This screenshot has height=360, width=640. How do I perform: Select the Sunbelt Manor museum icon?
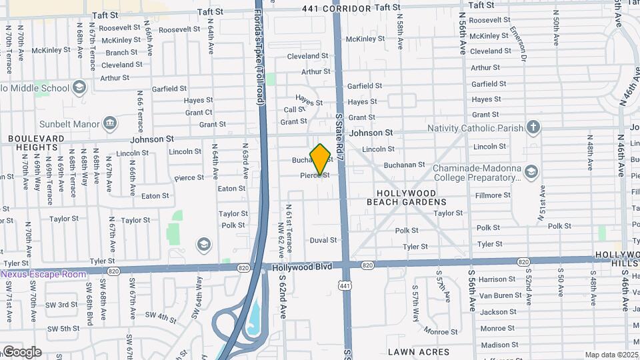pos(111,123)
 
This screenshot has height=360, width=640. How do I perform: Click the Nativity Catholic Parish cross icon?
pos(533,127)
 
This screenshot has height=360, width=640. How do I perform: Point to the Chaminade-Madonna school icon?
pos(531,173)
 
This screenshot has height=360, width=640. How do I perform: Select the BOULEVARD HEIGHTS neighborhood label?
pos(36,143)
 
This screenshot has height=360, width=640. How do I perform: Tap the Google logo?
pos(21,352)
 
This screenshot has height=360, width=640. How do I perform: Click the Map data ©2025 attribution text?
pos(611,355)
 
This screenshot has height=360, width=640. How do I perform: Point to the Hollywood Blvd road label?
pos(302,267)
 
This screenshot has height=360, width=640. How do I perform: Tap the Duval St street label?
pos(323,240)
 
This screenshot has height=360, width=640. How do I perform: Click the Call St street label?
pos(294,110)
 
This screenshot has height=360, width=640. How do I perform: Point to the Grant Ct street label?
pos(199,112)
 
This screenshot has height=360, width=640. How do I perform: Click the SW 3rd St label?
pos(63,305)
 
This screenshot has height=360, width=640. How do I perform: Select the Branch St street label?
pos(121,53)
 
